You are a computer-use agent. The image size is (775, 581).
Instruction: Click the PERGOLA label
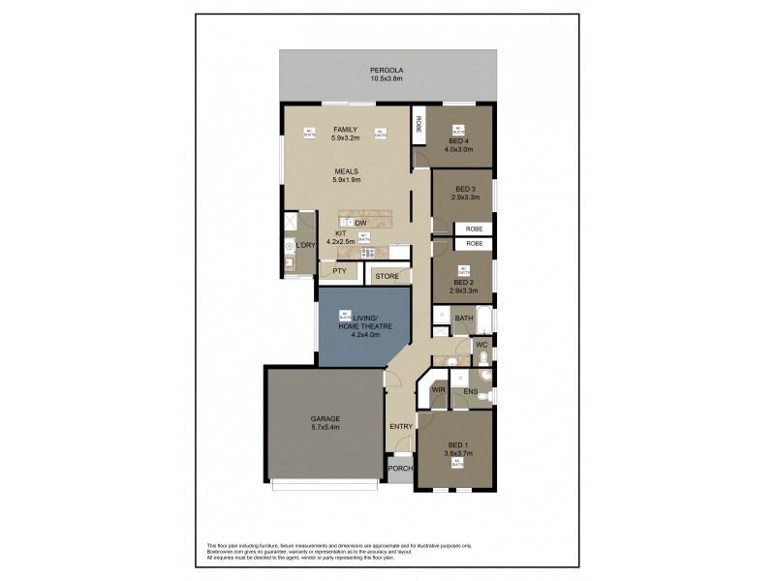coord(387,71)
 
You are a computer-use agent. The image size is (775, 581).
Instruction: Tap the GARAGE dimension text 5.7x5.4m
coord(325,427)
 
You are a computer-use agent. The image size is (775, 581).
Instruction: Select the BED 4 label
coord(457,141)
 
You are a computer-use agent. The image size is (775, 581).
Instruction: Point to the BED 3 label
coord(464,189)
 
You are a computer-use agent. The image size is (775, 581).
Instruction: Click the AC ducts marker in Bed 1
coord(456,462)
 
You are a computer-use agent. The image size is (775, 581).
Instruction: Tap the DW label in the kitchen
coord(360,224)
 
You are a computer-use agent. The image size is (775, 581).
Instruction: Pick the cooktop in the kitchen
coord(368,254)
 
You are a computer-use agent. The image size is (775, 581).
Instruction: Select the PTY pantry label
coord(339,272)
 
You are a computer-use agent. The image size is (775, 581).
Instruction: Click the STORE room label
coord(387,277)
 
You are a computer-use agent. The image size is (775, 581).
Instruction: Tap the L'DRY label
coord(306,246)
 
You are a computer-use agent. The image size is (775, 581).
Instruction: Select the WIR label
coord(438,390)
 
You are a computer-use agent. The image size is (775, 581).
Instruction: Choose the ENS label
coord(471,391)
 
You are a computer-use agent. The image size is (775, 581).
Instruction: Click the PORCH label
coord(400,470)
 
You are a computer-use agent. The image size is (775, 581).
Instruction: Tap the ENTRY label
coord(401,426)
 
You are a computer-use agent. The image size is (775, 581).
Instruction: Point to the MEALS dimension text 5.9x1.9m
coord(346,179)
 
